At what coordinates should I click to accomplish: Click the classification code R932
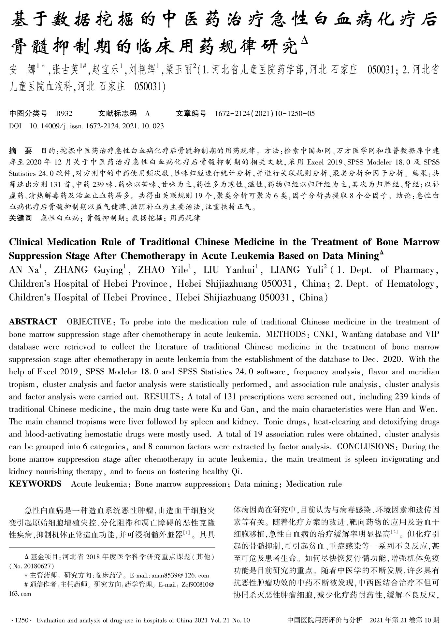64,114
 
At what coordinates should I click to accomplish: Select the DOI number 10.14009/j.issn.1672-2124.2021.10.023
96,126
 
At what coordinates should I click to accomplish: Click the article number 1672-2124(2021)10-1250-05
265,114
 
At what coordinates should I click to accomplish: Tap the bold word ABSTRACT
33,322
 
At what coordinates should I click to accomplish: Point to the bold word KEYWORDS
35,484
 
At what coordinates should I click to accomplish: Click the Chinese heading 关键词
21,218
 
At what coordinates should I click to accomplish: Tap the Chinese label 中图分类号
28,113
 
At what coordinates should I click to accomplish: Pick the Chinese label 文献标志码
118,113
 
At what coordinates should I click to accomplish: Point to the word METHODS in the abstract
285,334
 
